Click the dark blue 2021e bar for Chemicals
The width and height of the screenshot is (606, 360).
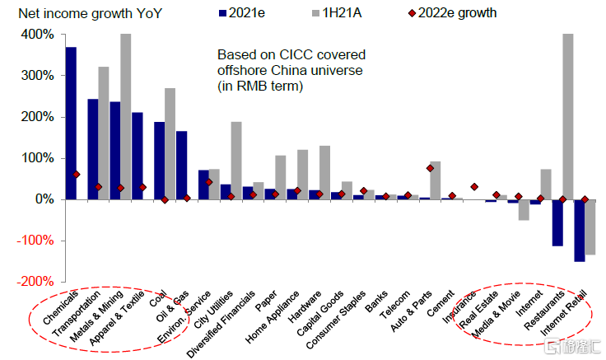[x=71, y=123]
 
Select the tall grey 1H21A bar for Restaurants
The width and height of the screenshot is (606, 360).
[x=568, y=116]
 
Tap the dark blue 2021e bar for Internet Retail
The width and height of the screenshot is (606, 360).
[x=579, y=230]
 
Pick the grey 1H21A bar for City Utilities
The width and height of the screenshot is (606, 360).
[x=235, y=161]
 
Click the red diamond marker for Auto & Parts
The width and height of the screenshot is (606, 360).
[x=431, y=168]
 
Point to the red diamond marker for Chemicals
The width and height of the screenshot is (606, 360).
[x=76, y=175]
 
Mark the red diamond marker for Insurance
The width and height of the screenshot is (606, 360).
[x=474, y=187]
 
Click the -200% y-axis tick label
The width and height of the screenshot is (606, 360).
[x=35, y=281]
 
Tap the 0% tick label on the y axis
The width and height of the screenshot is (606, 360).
[x=43, y=199]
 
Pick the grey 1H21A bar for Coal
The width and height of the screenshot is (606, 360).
[x=170, y=143]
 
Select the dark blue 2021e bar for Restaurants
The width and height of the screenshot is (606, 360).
[x=557, y=222]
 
